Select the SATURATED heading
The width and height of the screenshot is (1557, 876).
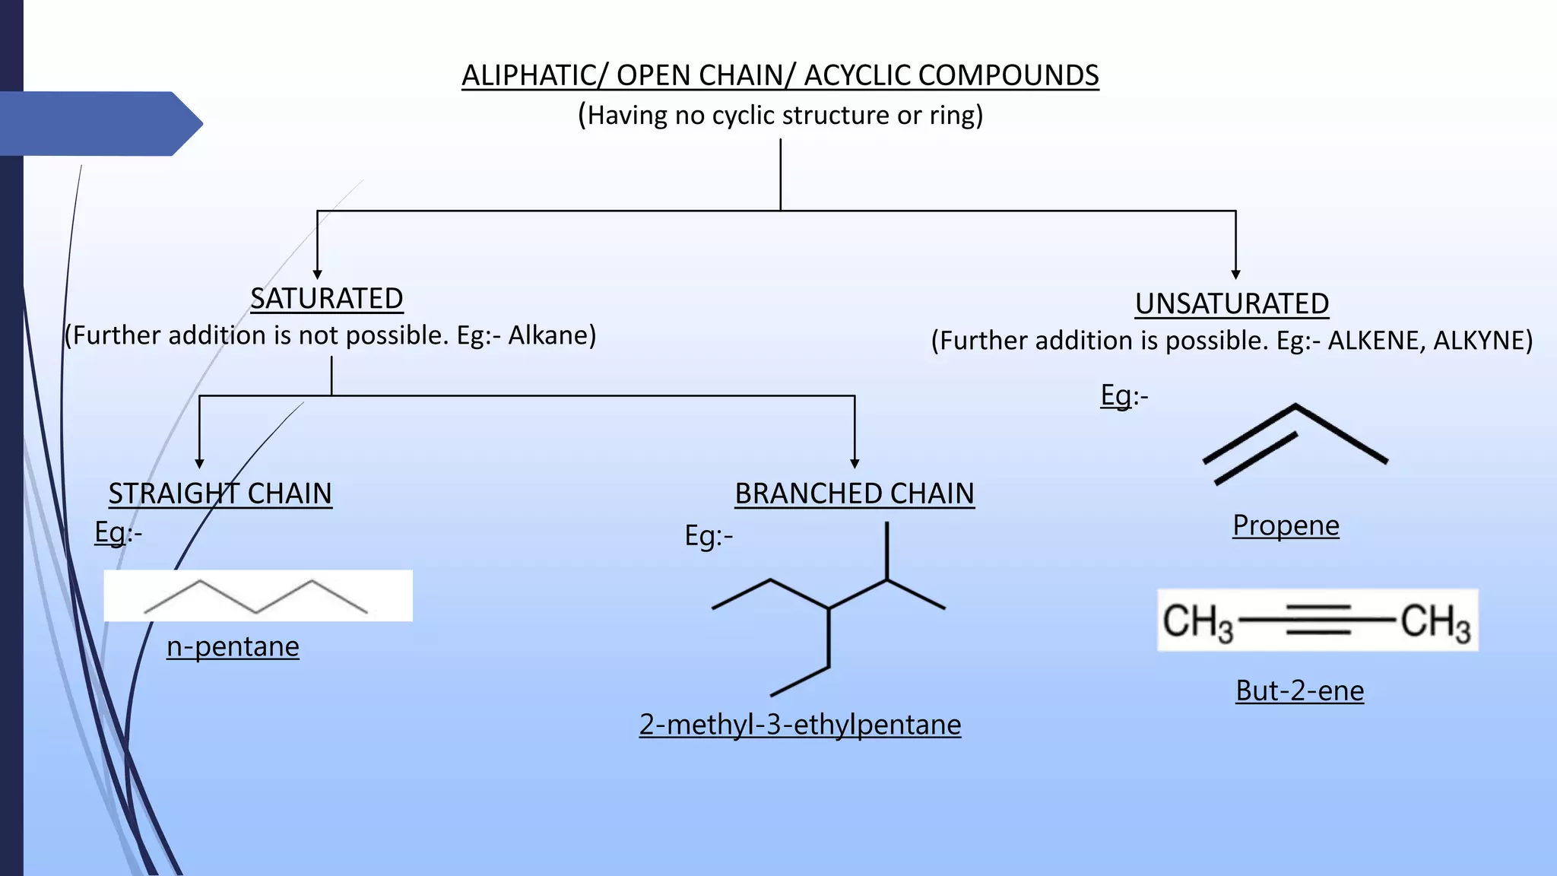coord(327,299)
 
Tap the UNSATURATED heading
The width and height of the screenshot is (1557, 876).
coord(1232,304)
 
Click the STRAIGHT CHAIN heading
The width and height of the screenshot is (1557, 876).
coord(220,494)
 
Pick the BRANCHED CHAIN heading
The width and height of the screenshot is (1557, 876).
coord(855,494)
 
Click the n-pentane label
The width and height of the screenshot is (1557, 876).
coord(233,646)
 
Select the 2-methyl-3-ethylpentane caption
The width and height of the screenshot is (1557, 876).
coord(800,724)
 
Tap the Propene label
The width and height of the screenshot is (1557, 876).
coord(1286,525)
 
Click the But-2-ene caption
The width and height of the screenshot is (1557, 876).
coord(1299,690)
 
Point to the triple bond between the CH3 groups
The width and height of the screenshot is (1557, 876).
coord(1318,620)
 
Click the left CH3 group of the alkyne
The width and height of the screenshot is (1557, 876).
coord(1197,622)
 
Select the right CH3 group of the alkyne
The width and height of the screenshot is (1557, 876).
coord(1435,622)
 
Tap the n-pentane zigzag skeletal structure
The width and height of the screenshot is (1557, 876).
coord(256,597)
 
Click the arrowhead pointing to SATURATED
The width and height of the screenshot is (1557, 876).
coord(317,275)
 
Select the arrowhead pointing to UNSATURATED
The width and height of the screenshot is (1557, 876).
coord(1235,275)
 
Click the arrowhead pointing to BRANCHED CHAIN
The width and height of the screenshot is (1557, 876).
coord(855,463)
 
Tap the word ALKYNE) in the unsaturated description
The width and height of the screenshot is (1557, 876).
coord(1482,340)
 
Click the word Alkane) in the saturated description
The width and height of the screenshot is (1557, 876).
coord(552,335)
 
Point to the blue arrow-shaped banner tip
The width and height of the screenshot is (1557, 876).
coord(190,123)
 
